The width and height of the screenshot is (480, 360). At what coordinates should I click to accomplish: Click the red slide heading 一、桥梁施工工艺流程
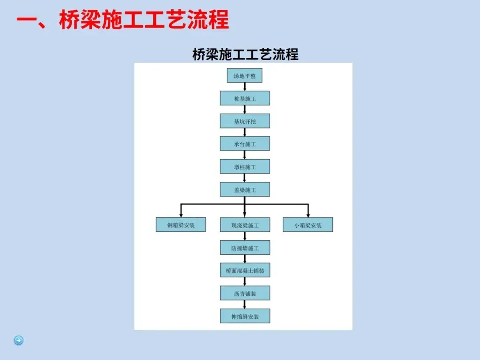122,20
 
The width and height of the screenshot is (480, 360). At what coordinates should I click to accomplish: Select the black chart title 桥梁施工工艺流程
245,54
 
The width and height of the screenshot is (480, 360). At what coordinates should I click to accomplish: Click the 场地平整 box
244,76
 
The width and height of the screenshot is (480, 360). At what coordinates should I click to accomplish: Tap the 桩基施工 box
245,99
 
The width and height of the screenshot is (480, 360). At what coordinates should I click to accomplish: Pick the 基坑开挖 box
245,121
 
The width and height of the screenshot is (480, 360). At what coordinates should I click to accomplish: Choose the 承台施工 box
245,144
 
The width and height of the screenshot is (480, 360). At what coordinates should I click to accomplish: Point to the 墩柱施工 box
245,167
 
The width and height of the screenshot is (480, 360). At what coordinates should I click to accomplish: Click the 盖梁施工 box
245,190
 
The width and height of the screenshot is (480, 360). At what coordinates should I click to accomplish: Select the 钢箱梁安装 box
181,225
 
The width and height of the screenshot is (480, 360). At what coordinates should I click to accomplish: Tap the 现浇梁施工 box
245,225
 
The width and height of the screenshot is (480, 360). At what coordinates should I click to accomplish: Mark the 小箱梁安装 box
308,225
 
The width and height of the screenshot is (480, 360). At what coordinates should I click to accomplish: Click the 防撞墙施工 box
245,248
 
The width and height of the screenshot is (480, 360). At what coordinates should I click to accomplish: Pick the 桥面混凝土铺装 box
245,271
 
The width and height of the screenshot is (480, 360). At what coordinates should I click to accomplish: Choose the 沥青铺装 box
245,293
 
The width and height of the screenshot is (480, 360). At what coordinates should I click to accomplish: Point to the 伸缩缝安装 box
245,316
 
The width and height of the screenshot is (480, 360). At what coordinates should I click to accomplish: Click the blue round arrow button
19,341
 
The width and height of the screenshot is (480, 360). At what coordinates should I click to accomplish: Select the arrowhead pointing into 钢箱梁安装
181,216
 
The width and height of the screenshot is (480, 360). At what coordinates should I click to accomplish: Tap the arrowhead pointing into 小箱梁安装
308,216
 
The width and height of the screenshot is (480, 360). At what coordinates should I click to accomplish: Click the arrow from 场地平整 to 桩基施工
245,87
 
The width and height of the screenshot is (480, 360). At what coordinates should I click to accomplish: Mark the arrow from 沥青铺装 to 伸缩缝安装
245,305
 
